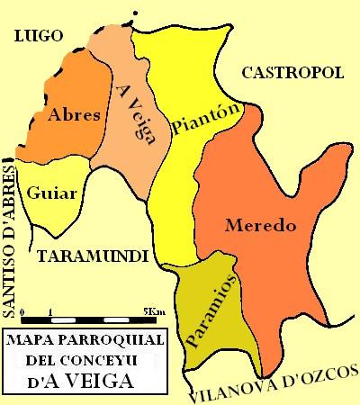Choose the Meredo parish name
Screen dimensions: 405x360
tap(261, 225)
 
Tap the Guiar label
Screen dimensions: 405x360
tap(45, 193)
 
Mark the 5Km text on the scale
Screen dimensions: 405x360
tap(153, 310)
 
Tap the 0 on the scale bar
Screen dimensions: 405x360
tap(22, 310)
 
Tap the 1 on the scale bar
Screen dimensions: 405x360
tap(51, 310)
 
